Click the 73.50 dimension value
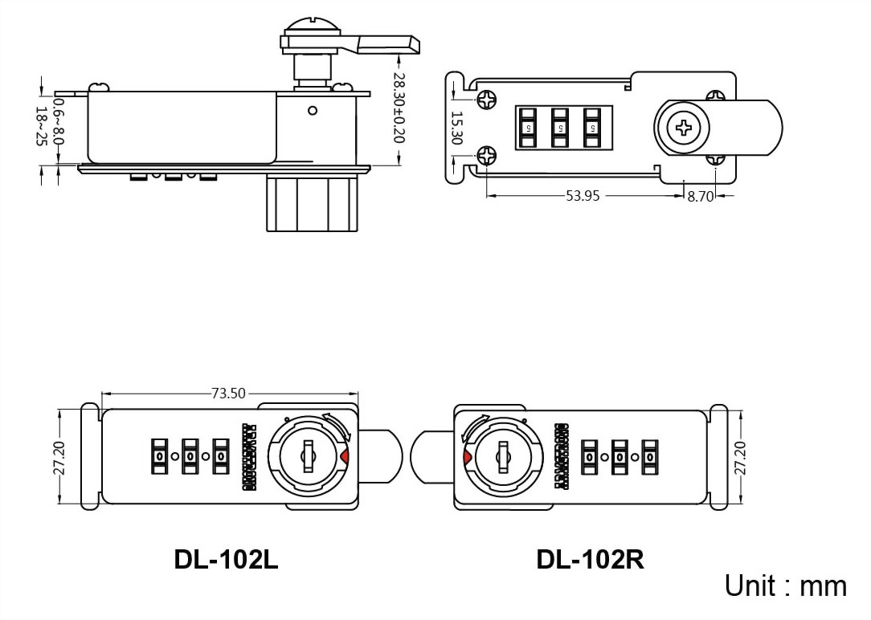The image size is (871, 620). pyautogui.click(x=229, y=394)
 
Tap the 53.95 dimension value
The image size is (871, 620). pyautogui.click(x=583, y=195)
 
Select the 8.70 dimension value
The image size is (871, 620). pyautogui.click(x=701, y=196)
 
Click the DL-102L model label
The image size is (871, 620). pyautogui.click(x=226, y=559)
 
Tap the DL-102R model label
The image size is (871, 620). pyautogui.click(x=590, y=559)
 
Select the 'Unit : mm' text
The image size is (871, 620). pyautogui.click(x=785, y=585)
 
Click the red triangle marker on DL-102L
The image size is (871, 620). pyautogui.click(x=344, y=457)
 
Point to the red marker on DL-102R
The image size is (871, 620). pyautogui.click(x=467, y=458)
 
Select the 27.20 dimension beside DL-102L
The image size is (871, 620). pyautogui.click(x=59, y=458)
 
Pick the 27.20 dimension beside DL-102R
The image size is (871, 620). pyautogui.click(x=739, y=458)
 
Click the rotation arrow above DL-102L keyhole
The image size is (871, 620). pyautogui.click(x=337, y=424)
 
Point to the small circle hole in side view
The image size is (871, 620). pyautogui.click(x=313, y=111)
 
